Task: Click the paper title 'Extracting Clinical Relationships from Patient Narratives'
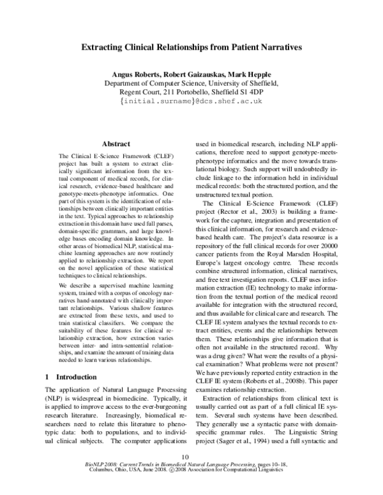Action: tap(191, 47)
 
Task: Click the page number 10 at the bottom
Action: tap(186, 474)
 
